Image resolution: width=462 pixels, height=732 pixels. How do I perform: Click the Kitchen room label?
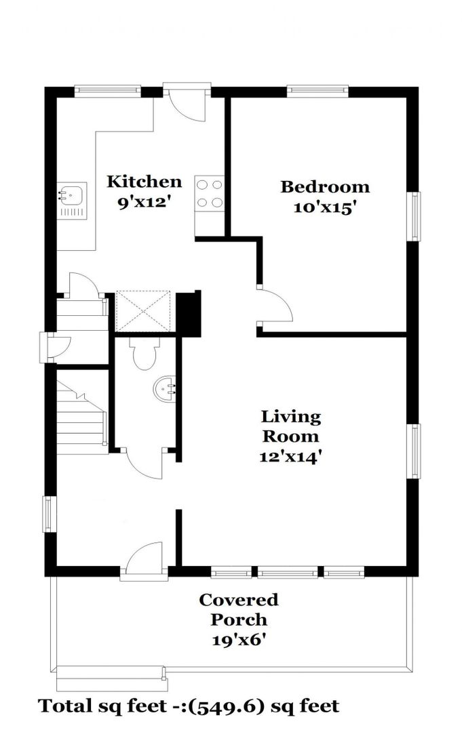(144, 181)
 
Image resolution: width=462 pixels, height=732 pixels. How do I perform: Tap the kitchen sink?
(71, 201)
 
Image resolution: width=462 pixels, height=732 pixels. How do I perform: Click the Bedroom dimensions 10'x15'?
(322, 207)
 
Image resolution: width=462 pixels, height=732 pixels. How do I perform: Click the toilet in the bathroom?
(144, 353)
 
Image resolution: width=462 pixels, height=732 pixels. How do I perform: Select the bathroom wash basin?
(166, 388)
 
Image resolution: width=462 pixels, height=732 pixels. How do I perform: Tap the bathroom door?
(145, 463)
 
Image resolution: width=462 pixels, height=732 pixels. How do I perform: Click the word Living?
(290, 416)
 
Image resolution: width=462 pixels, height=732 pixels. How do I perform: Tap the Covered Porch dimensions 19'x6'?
(239, 639)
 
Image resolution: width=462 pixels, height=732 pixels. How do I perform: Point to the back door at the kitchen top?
(187, 103)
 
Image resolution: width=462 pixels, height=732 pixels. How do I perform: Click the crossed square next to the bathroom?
(143, 311)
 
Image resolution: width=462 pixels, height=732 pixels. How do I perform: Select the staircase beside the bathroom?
(82, 417)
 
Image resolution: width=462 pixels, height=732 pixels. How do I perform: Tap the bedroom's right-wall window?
(414, 217)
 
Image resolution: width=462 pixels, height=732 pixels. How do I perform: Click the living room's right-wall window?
(414, 451)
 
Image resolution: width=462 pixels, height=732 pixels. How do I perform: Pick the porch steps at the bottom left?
(112, 678)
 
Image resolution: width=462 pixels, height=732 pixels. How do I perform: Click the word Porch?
(239, 620)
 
